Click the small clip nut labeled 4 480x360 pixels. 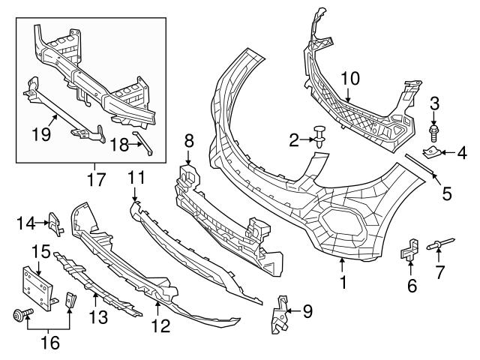(x=431, y=154)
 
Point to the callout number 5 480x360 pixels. (x=446, y=194)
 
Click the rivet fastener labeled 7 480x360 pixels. (x=440, y=244)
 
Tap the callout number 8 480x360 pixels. (x=188, y=140)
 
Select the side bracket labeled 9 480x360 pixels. (x=280, y=310)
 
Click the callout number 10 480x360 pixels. (x=351, y=77)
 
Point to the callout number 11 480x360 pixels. (x=135, y=178)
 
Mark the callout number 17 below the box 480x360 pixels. (x=96, y=181)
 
